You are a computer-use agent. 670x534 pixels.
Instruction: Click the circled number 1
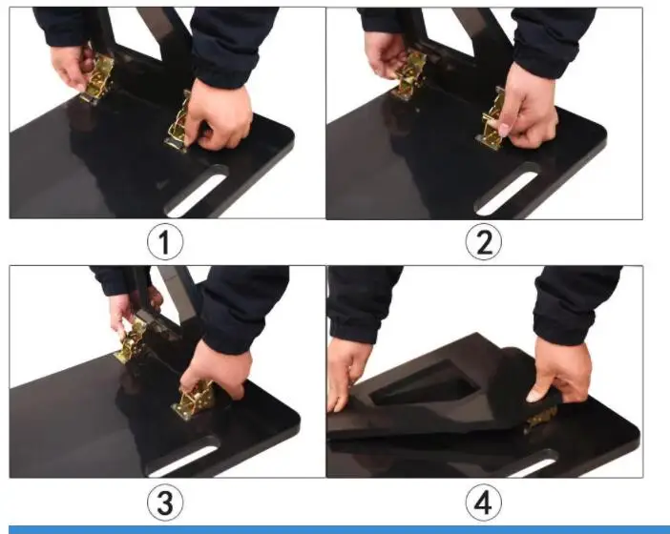click(x=165, y=242)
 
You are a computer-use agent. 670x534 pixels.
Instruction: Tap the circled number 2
click(x=484, y=241)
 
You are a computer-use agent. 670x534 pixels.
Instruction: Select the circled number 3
click(x=165, y=502)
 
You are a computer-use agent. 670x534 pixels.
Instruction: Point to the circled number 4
click(x=483, y=502)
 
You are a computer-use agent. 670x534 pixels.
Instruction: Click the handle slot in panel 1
click(x=197, y=191)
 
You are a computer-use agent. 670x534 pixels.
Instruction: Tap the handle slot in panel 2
click(x=508, y=188)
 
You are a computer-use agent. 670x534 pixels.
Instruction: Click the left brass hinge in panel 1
click(x=96, y=78)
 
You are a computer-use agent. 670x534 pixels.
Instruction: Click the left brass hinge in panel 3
click(x=133, y=339)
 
